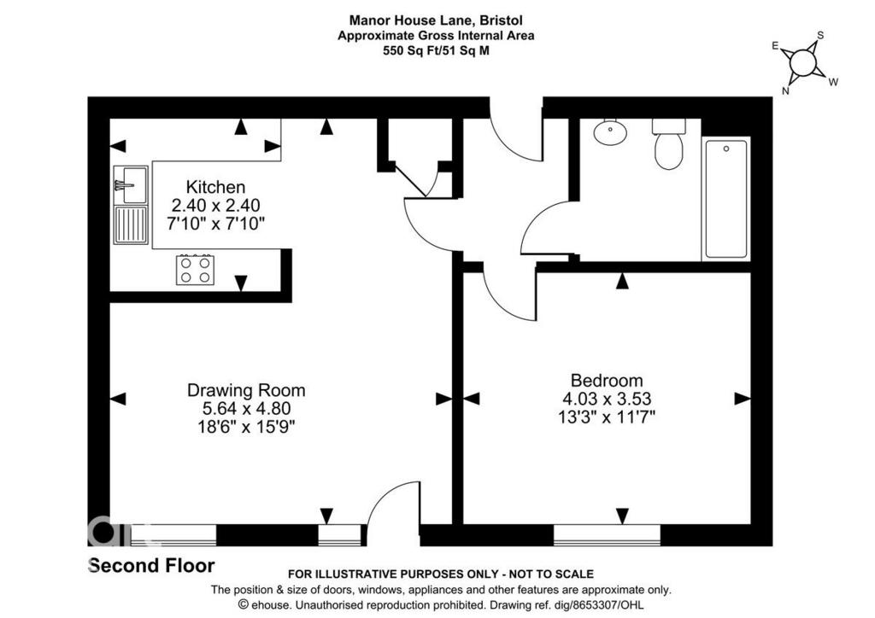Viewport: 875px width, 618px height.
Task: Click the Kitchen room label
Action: pos(215,187)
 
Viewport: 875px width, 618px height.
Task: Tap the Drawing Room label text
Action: pos(246,390)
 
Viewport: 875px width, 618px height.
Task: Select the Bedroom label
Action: pos(607,381)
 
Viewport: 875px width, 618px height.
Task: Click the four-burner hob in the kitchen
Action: pos(196,270)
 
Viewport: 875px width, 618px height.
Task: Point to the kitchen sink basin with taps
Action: pos(131,184)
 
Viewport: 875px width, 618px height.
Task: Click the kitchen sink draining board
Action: pos(131,225)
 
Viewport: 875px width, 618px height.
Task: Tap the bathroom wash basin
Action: pos(610,131)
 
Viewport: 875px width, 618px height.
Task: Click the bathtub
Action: pos(726,199)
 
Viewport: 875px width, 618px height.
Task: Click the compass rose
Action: pos(803,62)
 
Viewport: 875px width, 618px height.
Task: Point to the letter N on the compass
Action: pos(785,90)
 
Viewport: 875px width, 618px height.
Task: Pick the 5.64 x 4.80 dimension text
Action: pos(246,409)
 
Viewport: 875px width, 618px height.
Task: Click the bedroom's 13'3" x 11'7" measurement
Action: pos(607,417)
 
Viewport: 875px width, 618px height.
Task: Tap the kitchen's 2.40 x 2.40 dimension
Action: pos(215,206)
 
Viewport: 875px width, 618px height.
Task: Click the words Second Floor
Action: pos(152,566)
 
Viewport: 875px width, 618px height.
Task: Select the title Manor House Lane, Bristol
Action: pos(436,20)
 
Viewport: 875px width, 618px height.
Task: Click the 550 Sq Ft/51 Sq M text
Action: pos(436,50)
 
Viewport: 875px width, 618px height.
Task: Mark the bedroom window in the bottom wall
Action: pos(608,535)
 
